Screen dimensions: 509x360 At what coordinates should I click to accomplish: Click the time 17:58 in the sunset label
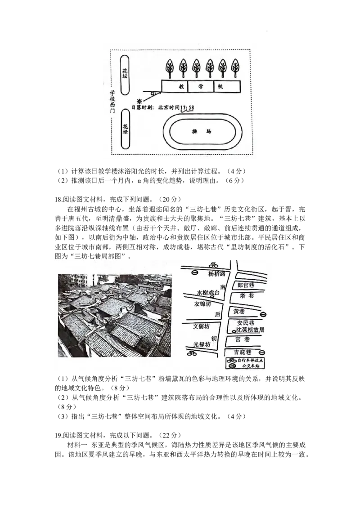[x=187, y=108]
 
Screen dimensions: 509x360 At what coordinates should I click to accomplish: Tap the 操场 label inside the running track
[x=201, y=132]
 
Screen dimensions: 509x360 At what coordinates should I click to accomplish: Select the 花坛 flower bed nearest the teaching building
[x=125, y=73]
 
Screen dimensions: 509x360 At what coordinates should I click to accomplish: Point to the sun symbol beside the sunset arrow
[x=139, y=101]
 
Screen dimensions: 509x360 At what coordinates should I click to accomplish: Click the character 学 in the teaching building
[x=201, y=86]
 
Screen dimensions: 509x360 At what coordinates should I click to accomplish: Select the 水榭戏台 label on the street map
[x=208, y=293]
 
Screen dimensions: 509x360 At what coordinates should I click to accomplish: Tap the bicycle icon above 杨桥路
[x=213, y=265]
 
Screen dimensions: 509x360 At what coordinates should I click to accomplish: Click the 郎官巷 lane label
[x=246, y=285]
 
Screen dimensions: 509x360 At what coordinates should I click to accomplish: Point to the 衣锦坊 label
[x=202, y=304]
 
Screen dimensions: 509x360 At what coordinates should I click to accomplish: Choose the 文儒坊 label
[x=201, y=326]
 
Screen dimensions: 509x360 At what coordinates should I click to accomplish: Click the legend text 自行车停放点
[x=249, y=360]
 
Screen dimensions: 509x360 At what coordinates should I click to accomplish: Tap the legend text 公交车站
[x=252, y=366]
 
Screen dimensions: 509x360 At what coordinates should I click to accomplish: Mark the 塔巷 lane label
[x=247, y=296]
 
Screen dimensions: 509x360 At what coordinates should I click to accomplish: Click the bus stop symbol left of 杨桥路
[x=194, y=273]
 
